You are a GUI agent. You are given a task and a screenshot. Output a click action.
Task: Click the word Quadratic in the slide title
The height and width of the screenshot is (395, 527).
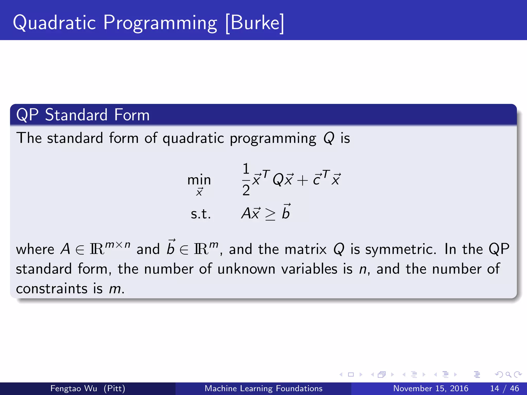tap(54, 23)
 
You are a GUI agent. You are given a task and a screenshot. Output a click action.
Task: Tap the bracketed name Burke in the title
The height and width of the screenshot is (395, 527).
tap(255, 23)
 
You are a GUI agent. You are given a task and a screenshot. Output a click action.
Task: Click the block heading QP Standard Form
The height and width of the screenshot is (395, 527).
tap(83, 115)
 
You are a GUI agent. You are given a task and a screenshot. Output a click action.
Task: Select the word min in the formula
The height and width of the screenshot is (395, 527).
tap(199, 180)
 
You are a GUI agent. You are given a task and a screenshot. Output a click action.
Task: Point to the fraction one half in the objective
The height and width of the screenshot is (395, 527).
tap(246, 179)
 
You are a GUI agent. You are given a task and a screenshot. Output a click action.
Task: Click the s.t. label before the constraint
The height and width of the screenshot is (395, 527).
tap(201, 214)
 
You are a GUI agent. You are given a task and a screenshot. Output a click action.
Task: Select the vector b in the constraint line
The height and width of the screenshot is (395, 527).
tap(286, 212)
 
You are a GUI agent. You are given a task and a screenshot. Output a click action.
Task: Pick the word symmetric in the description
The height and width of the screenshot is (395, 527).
tap(400, 249)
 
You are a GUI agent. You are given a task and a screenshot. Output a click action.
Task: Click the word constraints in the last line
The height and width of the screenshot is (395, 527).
tap(51, 289)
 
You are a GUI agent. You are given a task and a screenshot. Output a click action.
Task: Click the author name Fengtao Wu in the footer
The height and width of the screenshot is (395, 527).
tap(74, 388)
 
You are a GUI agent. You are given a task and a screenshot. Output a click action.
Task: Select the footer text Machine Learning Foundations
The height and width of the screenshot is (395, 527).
tap(263, 388)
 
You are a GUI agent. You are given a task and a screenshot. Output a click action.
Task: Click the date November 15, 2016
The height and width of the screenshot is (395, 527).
tap(431, 388)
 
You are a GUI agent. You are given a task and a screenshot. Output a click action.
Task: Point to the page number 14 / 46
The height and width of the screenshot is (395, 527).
tap(505, 388)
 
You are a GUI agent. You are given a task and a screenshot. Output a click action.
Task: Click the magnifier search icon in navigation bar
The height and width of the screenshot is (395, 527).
tap(508, 375)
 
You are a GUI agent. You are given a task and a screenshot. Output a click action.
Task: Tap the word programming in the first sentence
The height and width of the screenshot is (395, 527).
tap(273, 139)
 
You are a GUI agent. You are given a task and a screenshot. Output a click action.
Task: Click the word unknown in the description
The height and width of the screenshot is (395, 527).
tap(246, 269)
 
